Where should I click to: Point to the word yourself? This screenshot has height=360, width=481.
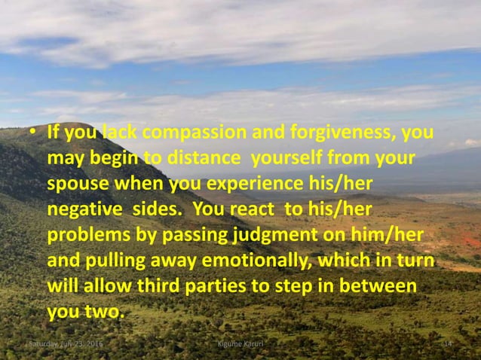tap(288, 160)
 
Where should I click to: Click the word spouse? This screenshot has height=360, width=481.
tap(78, 185)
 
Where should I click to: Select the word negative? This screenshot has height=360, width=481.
tap(80, 209)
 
